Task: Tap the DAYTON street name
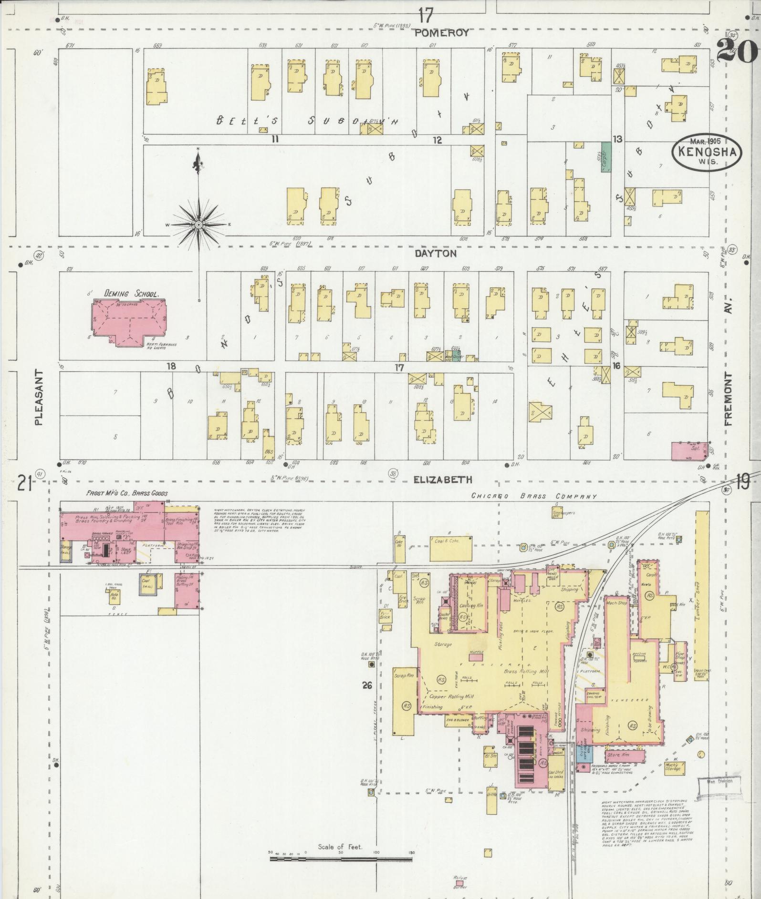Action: point(435,254)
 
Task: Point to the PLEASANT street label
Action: point(39,397)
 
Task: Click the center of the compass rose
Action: point(198,225)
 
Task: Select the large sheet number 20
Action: point(737,49)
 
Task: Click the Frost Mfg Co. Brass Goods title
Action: point(127,493)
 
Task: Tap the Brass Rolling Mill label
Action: point(526,671)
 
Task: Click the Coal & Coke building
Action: point(451,548)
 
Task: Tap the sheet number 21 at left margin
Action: point(25,484)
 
